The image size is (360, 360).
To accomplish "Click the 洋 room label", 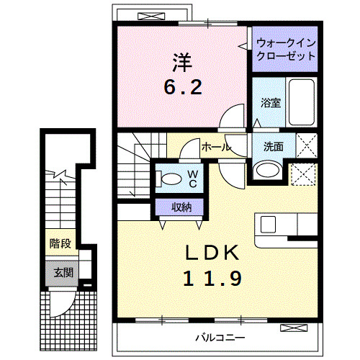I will pyautogui.click(x=181, y=62).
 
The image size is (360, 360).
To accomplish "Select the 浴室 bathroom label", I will pyautogui.click(x=270, y=102).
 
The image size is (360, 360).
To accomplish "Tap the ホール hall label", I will pyautogui.click(x=215, y=147).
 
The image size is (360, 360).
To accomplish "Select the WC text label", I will pyautogui.click(x=193, y=179).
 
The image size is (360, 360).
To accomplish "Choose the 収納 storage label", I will pyautogui.click(x=181, y=207).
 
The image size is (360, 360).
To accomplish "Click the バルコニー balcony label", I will pyautogui.click(x=220, y=337).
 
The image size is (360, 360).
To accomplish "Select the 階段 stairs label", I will pyautogui.click(x=60, y=243).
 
